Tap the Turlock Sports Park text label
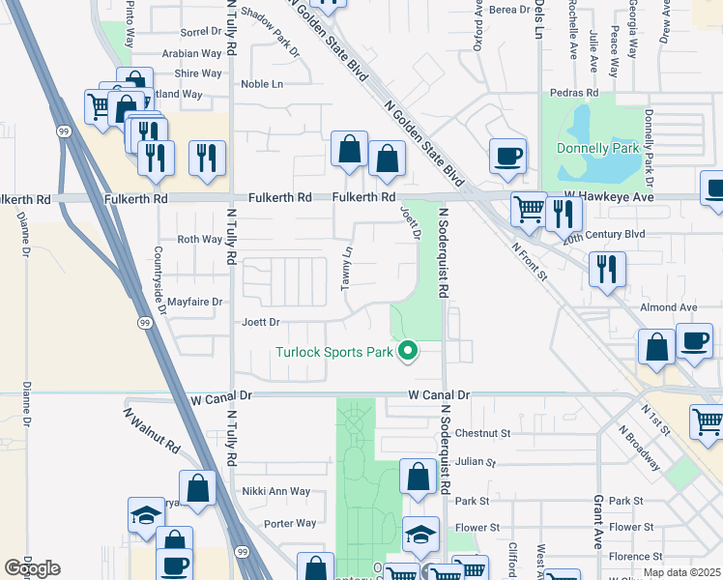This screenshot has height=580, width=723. (x=334, y=352)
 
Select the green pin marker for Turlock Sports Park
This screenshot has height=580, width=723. (x=409, y=351)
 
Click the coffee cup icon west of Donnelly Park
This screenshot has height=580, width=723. (x=507, y=156)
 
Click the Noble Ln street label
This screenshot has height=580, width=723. (x=262, y=84)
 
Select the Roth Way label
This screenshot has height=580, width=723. (x=200, y=240)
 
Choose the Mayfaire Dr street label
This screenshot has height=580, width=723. (x=195, y=302)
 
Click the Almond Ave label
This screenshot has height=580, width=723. (x=675, y=306)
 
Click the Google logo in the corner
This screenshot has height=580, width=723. (x=32, y=567)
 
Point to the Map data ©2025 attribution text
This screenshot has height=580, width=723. (x=681, y=572)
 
